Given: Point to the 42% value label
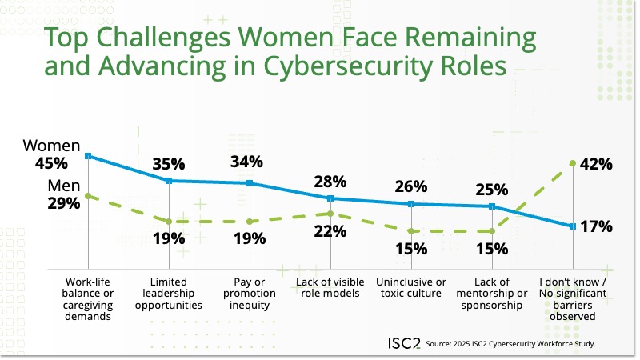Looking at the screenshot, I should tap(596, 165).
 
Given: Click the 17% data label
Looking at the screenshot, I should tap(596, 226).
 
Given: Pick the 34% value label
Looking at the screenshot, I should tap(246, 162).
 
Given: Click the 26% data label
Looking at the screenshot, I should tap(411, 186).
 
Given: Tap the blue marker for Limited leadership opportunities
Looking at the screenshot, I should tap(169, 181).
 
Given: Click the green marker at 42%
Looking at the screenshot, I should tap(572, 163).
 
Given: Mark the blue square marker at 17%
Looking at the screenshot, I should tap(572, 226).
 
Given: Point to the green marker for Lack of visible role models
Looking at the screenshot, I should tap(330, 213).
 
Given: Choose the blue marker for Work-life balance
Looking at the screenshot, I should tap(88, 156).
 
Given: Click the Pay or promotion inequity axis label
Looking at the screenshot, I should tap(250, 293).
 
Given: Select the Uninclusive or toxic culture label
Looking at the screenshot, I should tap(411, 287).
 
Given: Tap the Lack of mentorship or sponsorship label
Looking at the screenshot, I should tap(492, 293).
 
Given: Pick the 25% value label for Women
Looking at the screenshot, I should tap(492, 190).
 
